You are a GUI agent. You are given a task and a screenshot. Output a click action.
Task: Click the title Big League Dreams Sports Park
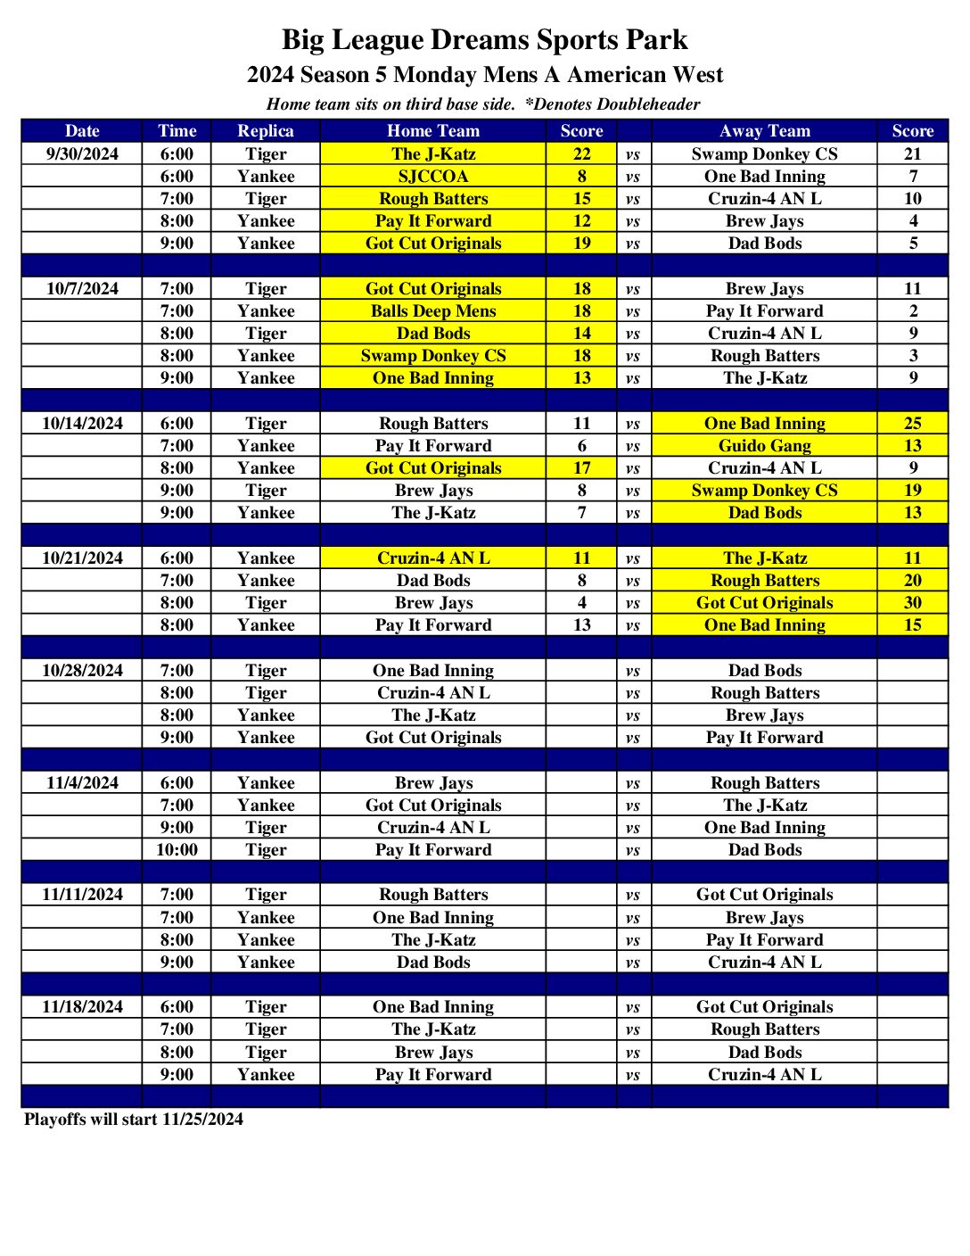[x=484, y=40]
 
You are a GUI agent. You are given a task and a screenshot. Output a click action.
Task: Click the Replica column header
[x=265, y=131]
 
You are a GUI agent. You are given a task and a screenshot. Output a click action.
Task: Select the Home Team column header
[x=432, y=131]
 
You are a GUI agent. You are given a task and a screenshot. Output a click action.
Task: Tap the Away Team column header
[x=764, y=131]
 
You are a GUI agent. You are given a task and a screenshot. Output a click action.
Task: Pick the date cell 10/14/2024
[x=82, y=424]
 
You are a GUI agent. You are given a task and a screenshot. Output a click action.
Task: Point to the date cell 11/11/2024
[x=82, y=895]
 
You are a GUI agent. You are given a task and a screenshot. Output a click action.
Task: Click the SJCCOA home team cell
[x=432, y=177]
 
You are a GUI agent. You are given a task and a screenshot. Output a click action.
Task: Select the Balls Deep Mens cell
[x=432, y=311]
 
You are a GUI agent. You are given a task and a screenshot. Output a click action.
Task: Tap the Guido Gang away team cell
[x=764, y=446]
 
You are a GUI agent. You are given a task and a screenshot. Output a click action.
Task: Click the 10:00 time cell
[x=177, y=850]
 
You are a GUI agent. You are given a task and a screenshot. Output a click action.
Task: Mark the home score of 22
[x=581, y=154]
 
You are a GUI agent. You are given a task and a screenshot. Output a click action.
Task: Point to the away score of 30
[x=912, y=603]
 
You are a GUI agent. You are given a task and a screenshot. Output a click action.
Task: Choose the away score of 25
[x=912, y=424]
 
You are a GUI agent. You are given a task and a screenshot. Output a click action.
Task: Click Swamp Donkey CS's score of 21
[x=912, y=154]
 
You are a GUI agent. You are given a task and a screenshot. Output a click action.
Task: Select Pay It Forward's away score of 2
[x=912, y=311]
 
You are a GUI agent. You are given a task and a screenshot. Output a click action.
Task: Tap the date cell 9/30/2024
[x=82, y=154]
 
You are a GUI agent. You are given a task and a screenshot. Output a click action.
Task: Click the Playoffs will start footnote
[x=134, y=1120]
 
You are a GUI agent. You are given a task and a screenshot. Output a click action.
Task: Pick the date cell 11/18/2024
[x=82, y=1007]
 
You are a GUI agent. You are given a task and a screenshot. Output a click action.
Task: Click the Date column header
[x=82, y=131]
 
